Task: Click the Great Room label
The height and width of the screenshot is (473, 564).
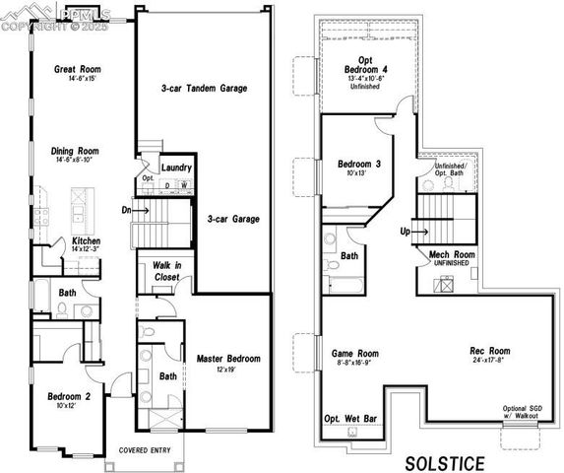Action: click(x=79, y=70)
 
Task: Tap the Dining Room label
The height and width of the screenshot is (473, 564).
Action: click(x=75, y=151)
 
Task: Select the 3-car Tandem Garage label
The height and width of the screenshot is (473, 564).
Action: click(x=204, y=89)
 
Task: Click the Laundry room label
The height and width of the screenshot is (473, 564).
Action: click(x=176, y=168)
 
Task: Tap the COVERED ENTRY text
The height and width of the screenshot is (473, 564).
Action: click(x=145, y=451)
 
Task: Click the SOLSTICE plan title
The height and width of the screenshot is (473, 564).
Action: click(x=445, y=461)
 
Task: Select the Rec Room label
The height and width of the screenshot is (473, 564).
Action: click(x=489, y=351)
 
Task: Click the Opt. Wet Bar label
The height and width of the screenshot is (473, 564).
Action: click(x=351, y=419)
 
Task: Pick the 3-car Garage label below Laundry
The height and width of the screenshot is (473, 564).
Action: click(x=232, y=219)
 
